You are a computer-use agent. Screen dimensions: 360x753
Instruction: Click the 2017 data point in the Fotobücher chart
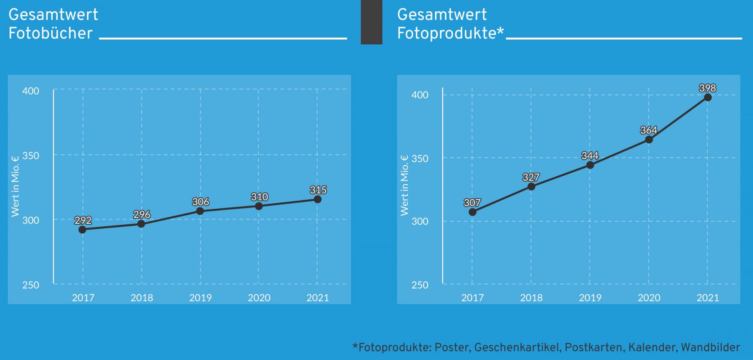tap(82, 229)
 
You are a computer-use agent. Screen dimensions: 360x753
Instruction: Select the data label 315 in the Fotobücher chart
tap(318, 190)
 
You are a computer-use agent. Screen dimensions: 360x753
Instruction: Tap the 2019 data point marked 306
tap(200, 211)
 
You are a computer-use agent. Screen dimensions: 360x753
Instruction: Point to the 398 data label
tap(708, 88)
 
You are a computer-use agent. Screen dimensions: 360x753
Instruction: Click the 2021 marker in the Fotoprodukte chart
tap(708, 97)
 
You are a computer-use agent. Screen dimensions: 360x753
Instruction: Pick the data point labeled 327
tap(531, 186)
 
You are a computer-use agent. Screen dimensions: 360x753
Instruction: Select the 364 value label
tap(649, 130)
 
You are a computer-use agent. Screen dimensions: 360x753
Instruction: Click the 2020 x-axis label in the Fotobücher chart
tap(259, 298)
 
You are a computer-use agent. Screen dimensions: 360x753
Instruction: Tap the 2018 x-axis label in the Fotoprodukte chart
tap(531, 298)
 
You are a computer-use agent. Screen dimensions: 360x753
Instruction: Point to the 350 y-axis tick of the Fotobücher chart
tap(31, 156)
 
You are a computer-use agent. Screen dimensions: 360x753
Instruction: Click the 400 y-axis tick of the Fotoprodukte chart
tap(420, 95)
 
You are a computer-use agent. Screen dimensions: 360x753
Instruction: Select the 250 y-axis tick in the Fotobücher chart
tap(31, 285)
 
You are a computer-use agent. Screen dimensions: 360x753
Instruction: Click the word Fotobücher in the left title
tap(51, 33)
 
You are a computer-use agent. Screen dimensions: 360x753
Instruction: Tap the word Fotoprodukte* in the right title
tap(450, 33)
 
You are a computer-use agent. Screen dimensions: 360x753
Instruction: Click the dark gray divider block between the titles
tap(371, 22)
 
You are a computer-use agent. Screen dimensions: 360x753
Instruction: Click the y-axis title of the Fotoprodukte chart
tap(404, 185)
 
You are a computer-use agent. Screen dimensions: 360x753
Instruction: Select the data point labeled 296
tap(141, 224)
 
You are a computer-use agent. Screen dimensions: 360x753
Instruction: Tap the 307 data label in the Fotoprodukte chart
tap(472, 203)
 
